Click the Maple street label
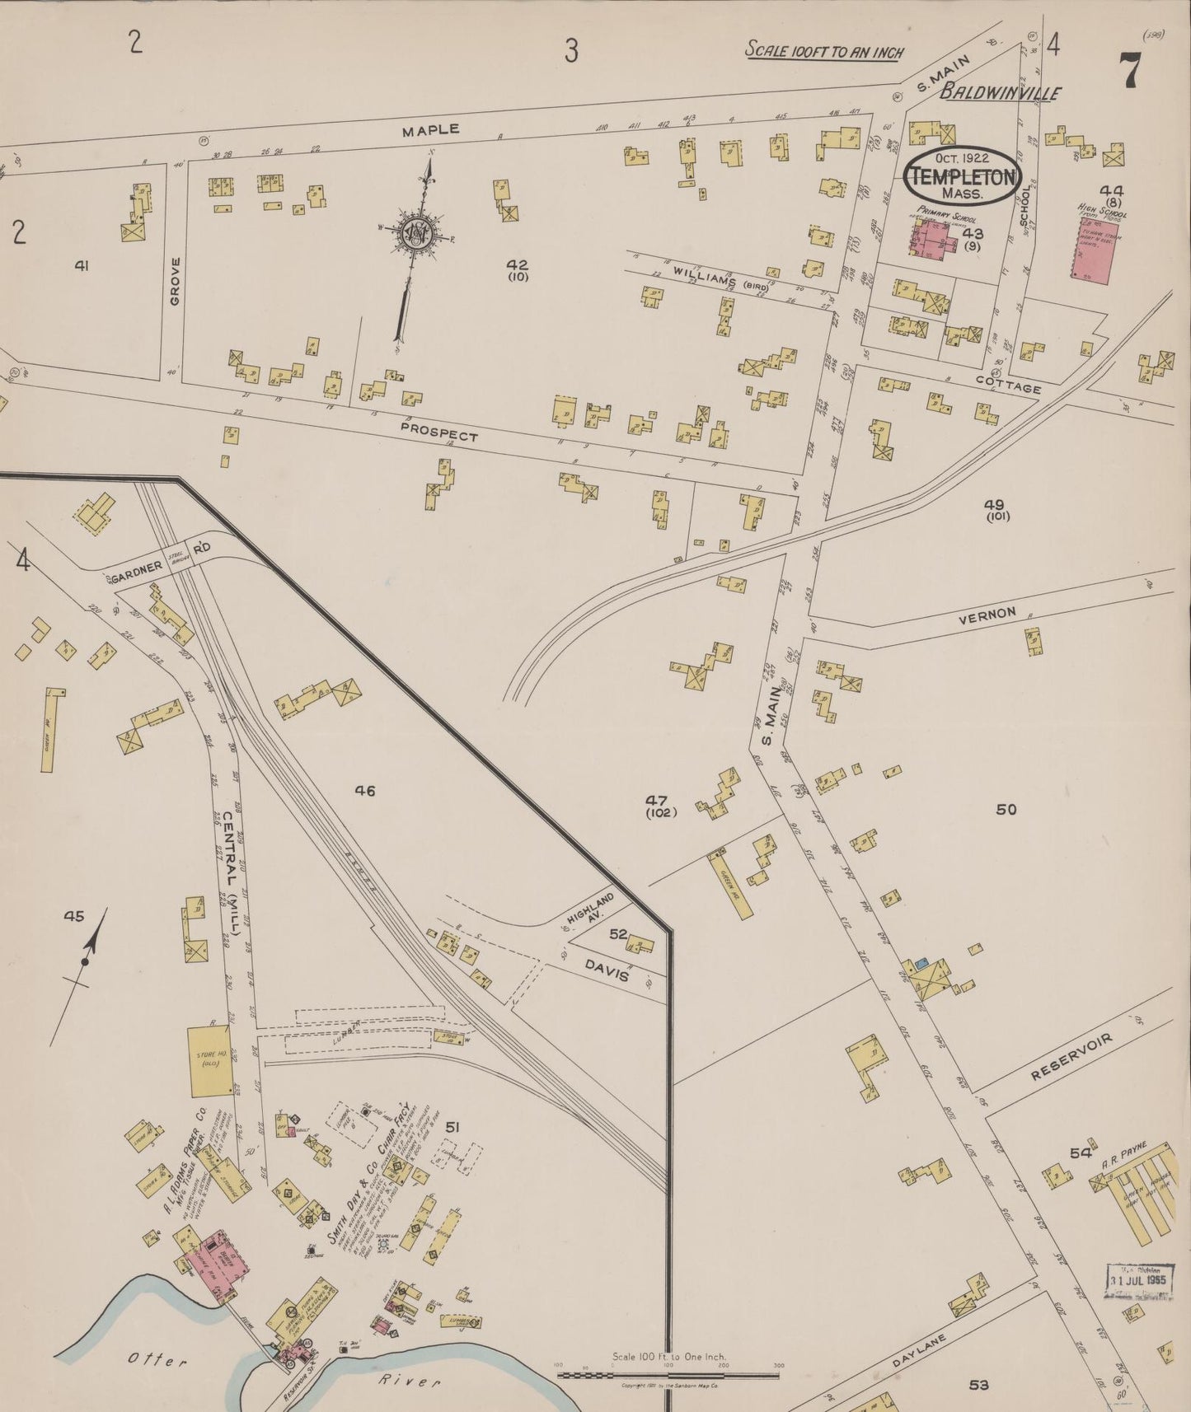coord(430,130)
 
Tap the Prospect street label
coord(438,431)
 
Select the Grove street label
coord(175,280)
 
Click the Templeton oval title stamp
coord(963,175)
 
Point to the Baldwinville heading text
coord(1001,93)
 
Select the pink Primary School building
coord(933,238)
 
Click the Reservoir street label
coord(1071,1058)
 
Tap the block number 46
coord(365,791)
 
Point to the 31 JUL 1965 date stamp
coord(1137,1279)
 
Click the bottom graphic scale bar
coord(669,1374)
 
